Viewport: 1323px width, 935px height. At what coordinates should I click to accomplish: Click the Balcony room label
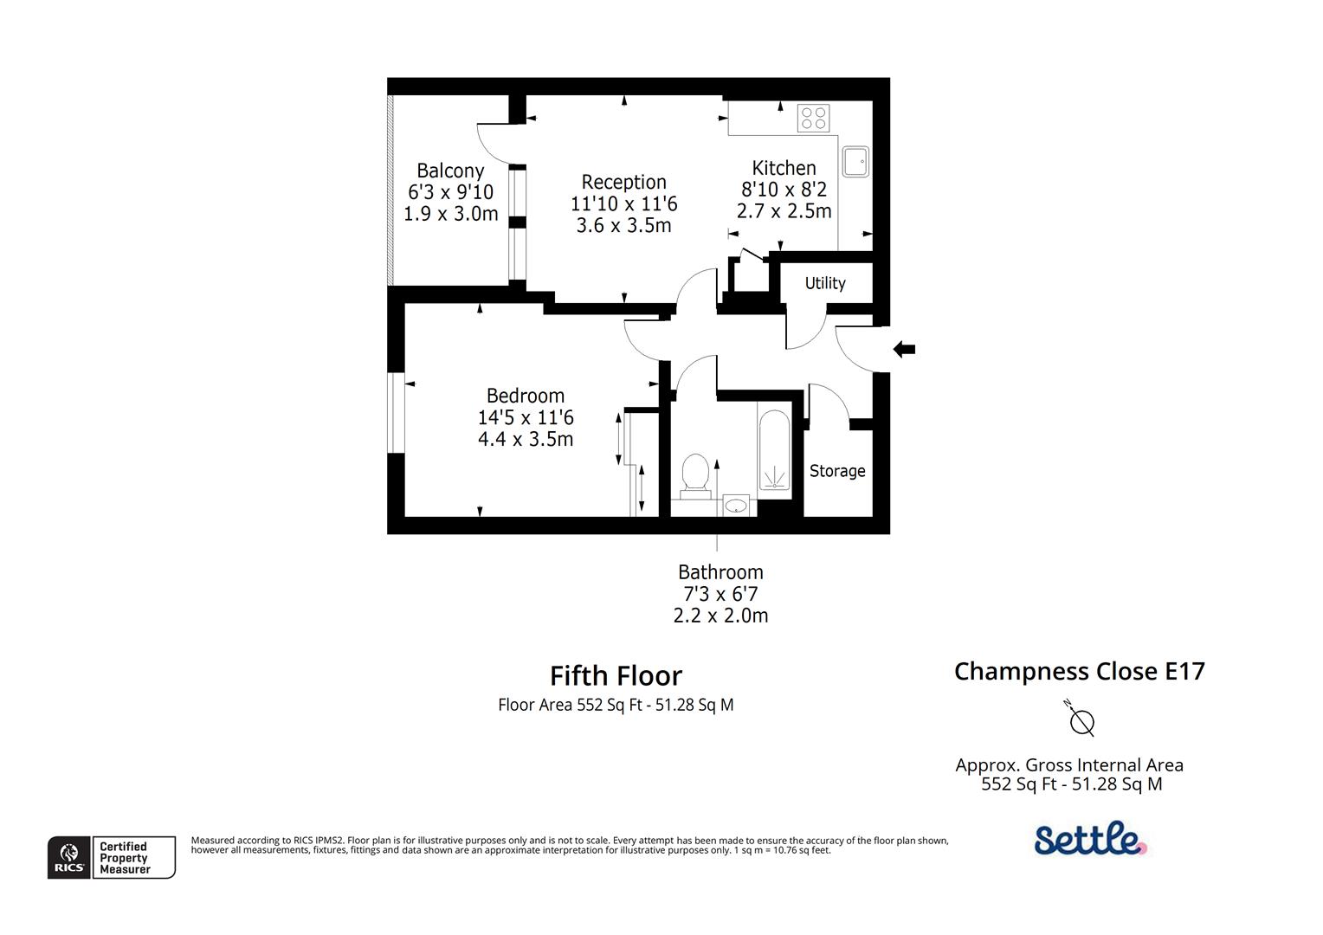449,171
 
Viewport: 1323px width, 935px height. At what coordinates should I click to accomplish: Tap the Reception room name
623,182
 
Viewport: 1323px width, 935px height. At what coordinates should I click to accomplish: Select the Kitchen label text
784,168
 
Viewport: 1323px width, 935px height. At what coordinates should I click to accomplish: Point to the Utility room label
825,283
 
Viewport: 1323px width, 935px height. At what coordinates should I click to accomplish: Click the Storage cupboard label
837,471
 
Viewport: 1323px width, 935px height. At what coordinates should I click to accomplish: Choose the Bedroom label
525,396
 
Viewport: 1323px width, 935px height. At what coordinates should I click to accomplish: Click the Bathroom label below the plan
720,572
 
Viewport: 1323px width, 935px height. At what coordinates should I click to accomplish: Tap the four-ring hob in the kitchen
813,118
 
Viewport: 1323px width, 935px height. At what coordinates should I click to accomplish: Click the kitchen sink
855,161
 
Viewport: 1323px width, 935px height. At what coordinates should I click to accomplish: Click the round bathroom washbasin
736,505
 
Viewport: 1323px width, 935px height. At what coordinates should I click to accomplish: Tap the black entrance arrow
904,350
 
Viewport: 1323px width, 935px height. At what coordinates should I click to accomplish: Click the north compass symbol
1081,719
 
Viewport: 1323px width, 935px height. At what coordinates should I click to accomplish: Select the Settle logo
1090,839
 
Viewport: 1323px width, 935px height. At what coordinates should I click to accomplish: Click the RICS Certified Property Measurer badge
112,857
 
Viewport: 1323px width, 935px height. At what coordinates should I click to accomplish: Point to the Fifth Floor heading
616,675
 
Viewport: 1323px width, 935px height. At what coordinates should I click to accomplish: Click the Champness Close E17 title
1079,671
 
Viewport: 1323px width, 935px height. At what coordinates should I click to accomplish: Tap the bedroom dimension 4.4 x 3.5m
525,439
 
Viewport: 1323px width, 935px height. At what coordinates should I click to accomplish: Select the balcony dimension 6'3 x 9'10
450,192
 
